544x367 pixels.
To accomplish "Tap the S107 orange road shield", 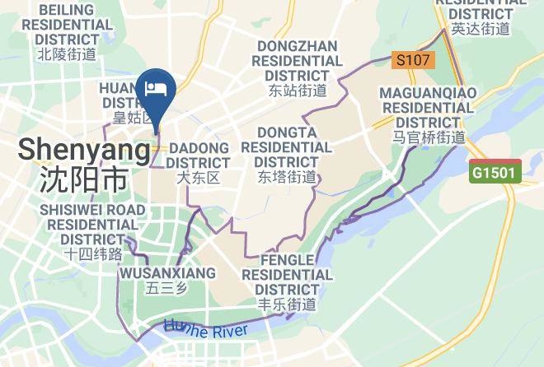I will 412,60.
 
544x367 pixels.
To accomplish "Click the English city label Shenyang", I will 84,150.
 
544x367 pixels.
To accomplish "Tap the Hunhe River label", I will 206,328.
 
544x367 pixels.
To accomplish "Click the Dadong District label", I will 198,155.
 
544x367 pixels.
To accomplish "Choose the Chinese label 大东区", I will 198,177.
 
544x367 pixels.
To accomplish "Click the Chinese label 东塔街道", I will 286,177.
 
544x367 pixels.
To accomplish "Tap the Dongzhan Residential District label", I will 298,60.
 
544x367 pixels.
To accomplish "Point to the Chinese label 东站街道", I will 298,90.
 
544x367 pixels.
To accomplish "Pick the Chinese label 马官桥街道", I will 428,137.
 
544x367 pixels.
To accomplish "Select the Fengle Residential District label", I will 286,275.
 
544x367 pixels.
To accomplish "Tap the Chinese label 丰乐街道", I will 286,304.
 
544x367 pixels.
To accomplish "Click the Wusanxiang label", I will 167,272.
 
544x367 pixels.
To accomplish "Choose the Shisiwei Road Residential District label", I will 92,224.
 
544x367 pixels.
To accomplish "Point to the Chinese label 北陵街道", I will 67,54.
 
